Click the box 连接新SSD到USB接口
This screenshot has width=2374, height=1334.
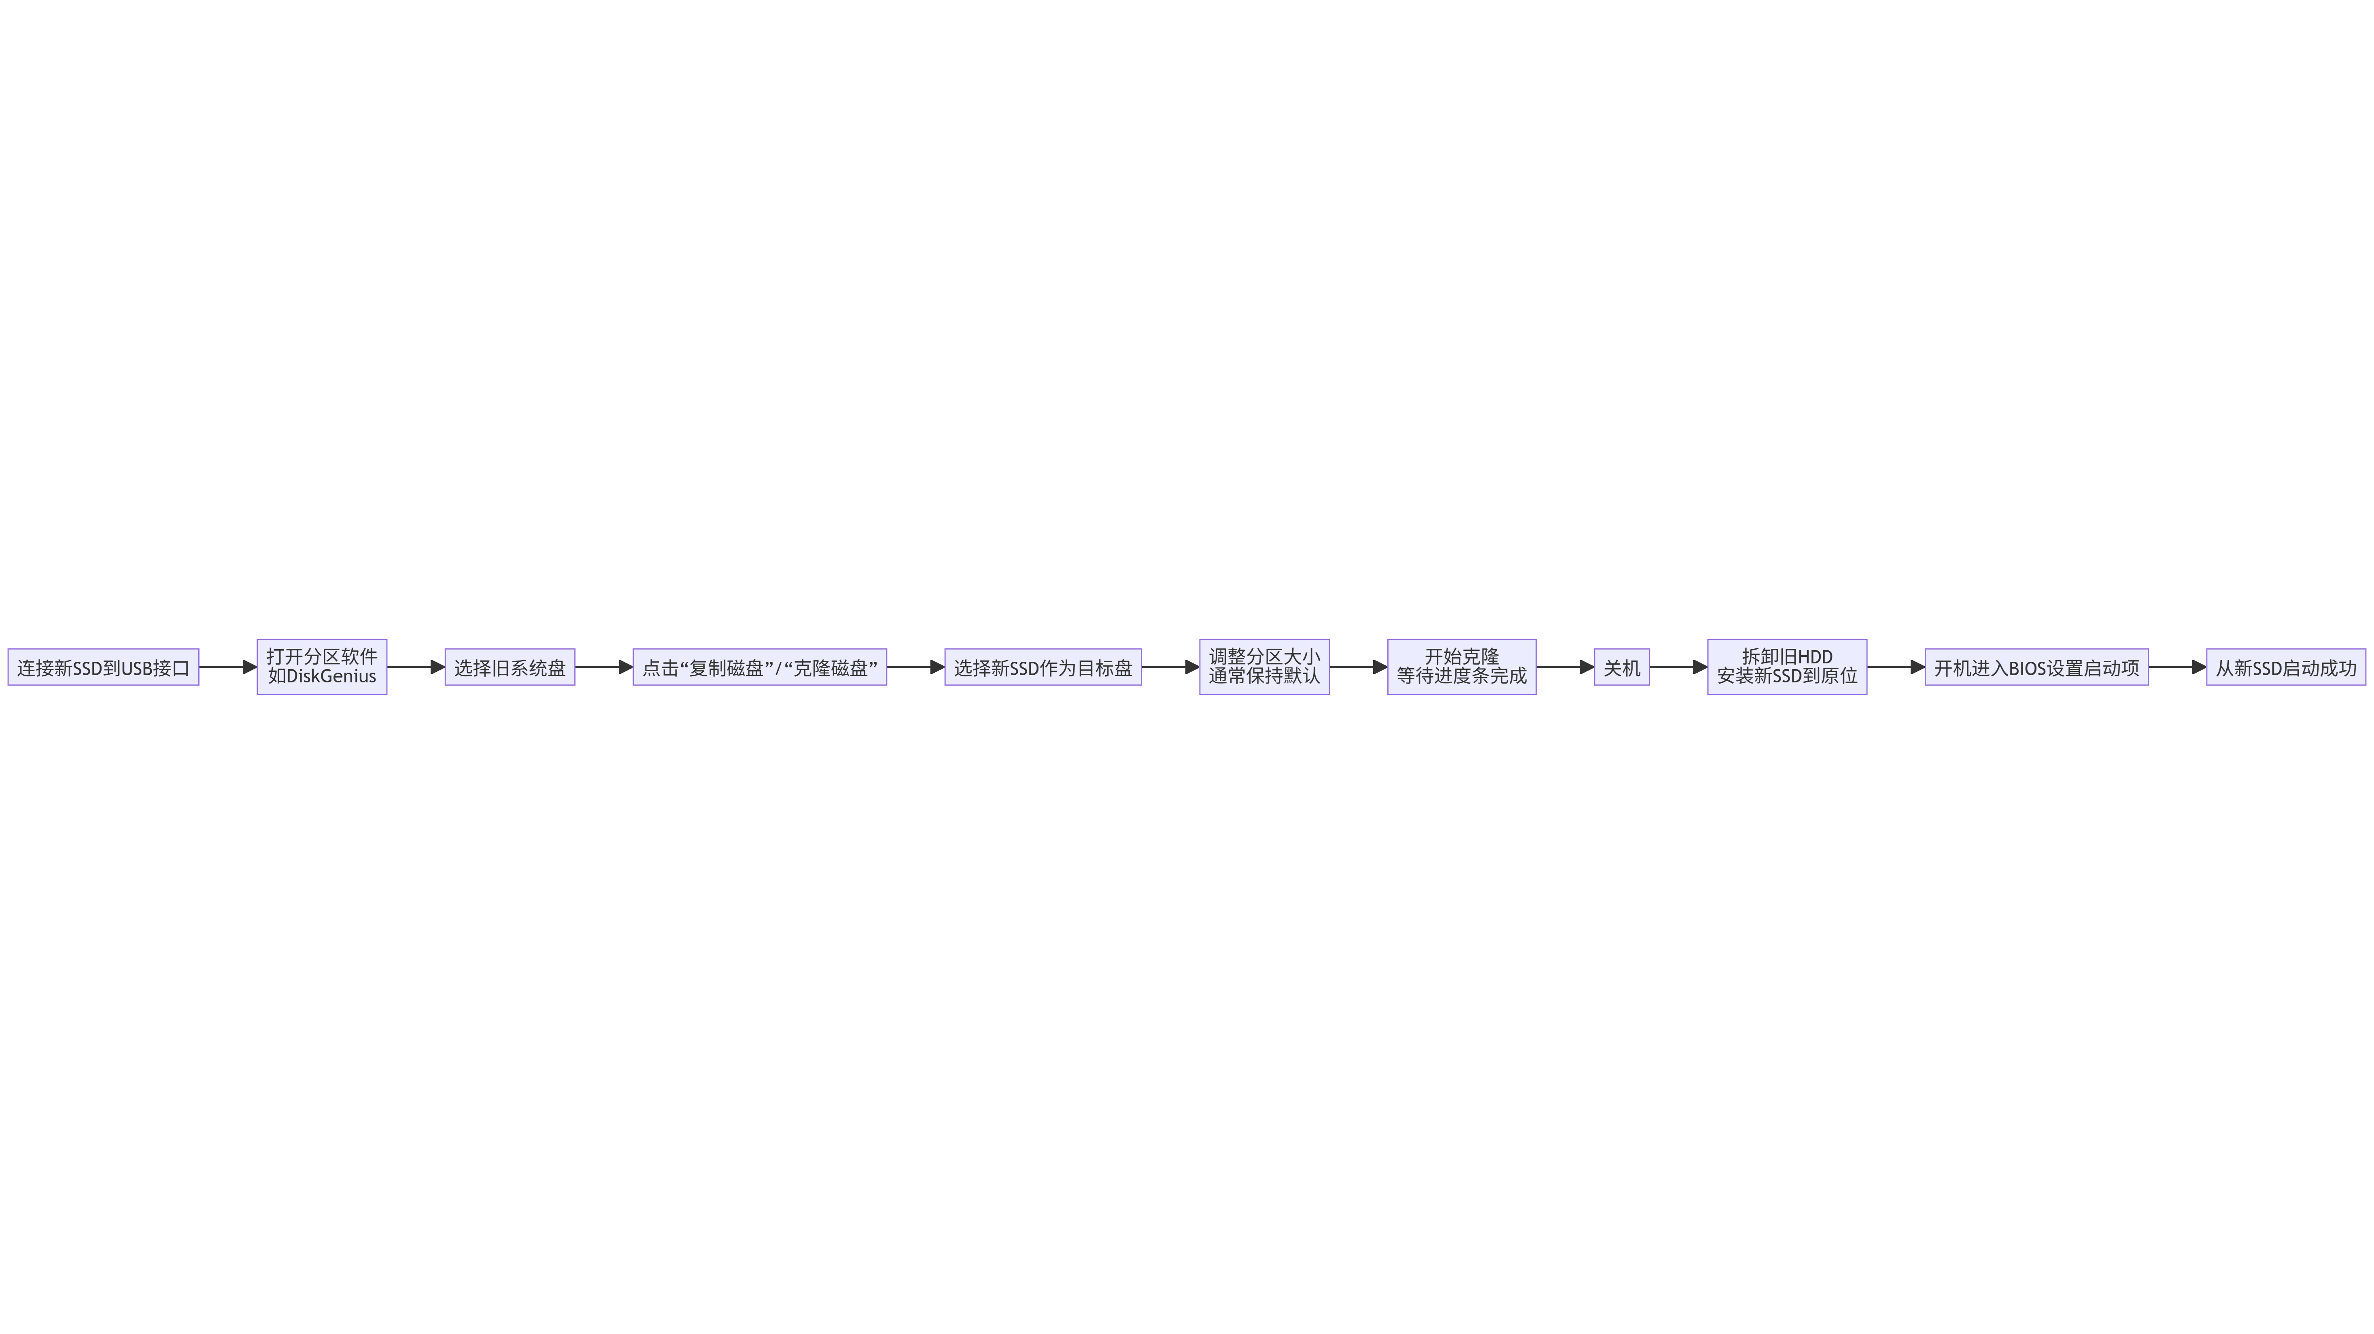[x=103, y=667]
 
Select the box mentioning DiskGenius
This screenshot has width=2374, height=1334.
[x=322, y=667]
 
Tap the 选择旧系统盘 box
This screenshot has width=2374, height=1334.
[x=510, y=667]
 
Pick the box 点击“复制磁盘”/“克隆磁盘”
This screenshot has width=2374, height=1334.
[x=759, y=667]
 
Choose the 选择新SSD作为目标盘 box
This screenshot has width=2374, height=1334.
[x=1042, y=667]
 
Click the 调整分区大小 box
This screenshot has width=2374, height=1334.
[x=1263, y=667]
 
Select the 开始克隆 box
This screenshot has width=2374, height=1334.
[x=1462, y=667]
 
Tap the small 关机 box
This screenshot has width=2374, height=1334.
[x=1622, y=667]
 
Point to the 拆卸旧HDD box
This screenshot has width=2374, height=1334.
[x=1787, y=667]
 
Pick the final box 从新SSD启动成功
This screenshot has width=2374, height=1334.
[x=2285, y=667]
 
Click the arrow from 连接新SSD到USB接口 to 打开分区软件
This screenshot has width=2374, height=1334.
[x=227, y=667]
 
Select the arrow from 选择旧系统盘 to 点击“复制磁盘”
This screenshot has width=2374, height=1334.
[x=604, y=667]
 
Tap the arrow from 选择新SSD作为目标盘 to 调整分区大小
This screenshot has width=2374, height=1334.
[x=1170, y=667]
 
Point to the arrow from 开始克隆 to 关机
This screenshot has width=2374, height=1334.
[x=1565, y=667]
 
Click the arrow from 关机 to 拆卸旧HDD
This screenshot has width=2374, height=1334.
[x=1678, y=667]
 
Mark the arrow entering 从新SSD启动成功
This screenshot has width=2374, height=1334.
[x=2177, y=667]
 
